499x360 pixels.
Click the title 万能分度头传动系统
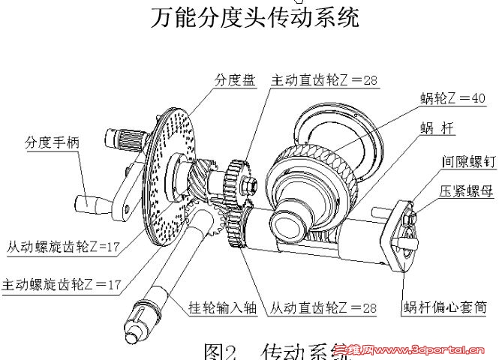(255, 16)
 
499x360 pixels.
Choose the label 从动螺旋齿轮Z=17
(65, 246)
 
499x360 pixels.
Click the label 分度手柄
(53, 141)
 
